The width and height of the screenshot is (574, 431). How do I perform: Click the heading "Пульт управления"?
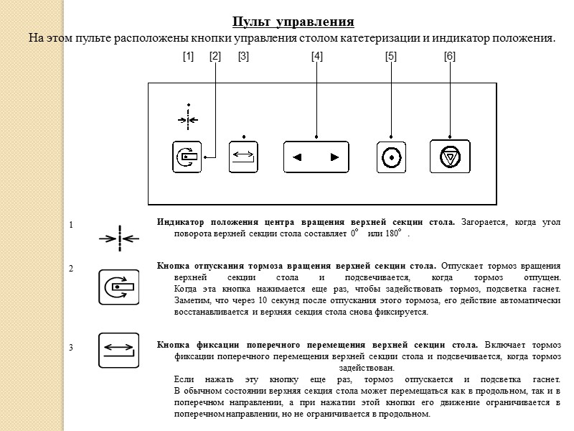click(x=293, y=22)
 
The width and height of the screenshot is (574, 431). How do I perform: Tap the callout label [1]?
click(x=189, y=55)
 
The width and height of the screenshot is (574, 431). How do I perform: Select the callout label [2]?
click(x=215, y=55)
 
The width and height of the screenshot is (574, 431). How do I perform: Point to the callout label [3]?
click(x=243, y=55)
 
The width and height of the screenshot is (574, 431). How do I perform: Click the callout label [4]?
click(x=316, y=55)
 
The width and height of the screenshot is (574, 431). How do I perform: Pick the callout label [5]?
click(x=391, y=55)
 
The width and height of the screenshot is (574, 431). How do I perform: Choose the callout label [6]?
click(x=450, y=55)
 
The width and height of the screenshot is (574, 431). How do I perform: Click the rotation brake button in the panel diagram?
click(x=187, y=157)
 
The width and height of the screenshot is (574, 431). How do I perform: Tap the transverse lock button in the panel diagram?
click(x=243, y=157)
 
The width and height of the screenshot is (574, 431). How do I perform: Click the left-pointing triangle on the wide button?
click(x=298, y=157)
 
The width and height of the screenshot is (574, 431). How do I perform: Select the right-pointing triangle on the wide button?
click(x=334, y=157)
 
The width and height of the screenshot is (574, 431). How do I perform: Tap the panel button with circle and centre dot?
click(x=391, y=157)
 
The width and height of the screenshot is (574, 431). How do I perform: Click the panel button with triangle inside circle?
click(x=450, y=157)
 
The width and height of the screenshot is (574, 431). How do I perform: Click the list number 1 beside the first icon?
click(x=71, y=226)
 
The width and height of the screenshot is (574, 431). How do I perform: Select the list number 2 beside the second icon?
click(x=71, y=268)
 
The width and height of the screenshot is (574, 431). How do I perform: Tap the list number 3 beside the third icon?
click(x=71, y=348)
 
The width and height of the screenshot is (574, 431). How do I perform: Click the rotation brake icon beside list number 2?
click(x=118, y=286)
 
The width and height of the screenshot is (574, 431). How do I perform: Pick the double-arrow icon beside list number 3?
click(x=118, y=350)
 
